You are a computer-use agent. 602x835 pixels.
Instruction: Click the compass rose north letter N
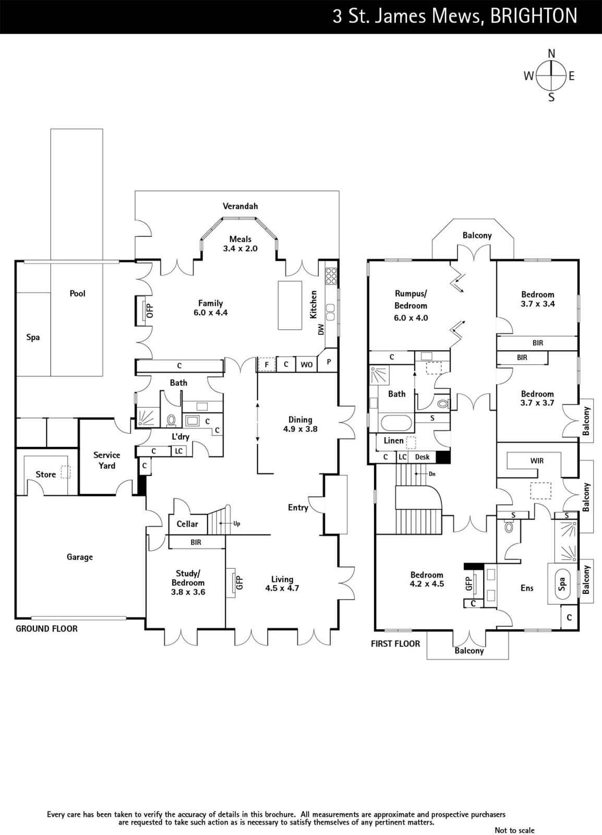[x=551, y=54]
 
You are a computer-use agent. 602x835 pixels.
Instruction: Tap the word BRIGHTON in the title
[x=534, y=16]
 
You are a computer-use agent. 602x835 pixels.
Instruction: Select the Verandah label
[x=240, y=206]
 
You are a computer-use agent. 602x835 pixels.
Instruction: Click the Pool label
[x=78, y=293]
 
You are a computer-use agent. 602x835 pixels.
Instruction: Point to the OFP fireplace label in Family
[x=150, y=311]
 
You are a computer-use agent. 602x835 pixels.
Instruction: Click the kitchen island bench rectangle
[x=290, y=305]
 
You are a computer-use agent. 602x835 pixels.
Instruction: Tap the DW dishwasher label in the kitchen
[x=321, y=329]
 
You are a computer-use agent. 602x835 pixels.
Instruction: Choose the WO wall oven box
[x=306, y=364]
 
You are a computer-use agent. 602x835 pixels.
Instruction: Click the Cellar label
[x=187, y=524]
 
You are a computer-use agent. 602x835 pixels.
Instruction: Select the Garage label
[x=80, y=557]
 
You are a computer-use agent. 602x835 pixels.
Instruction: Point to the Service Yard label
[x=107, y=460]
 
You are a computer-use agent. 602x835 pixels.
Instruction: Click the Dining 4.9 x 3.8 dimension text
[x=300, y=429]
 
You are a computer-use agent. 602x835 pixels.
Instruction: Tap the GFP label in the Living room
[x=240, y=582]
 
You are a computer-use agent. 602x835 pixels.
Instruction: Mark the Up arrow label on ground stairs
[x=236, y=523]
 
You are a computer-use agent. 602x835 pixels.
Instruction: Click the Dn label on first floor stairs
[x=432, y=474]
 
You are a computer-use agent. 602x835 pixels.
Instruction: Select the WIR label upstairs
[x=537, y=461]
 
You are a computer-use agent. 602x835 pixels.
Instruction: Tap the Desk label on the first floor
[x=423, y=457]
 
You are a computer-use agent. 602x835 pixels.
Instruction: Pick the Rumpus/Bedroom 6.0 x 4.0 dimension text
[x=411, y=318]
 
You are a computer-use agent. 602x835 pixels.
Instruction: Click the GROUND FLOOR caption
[x=46, y=629]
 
